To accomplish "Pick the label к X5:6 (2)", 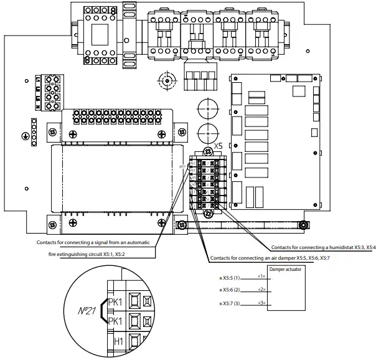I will click(x=230, y=290).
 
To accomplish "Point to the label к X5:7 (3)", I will click(x=230, y=303).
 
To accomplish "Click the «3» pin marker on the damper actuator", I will click(x=261, y=303).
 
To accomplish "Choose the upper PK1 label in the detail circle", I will click(x=116, y=302).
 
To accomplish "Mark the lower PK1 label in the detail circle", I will click(x=116, y=322).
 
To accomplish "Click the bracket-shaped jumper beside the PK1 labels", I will click(x=101, y=312).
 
